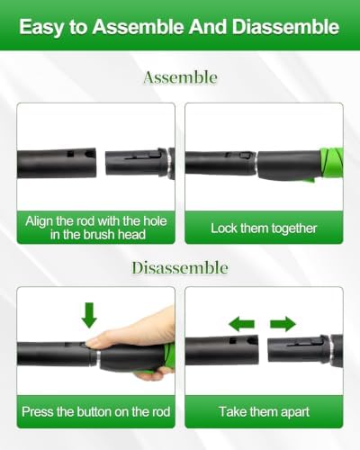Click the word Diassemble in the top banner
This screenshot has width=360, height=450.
tap(285, 27)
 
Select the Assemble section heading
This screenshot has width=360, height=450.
tap(180, 77)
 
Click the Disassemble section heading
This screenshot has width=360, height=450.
tap(180, 267)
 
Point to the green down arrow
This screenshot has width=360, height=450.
tap(89, 315)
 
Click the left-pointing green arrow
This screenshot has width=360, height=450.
tap(241, 324)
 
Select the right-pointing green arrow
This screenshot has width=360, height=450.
tap(283, 324)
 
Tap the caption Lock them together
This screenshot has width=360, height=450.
tap(264, 229)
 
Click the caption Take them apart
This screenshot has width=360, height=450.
tap(264, 411)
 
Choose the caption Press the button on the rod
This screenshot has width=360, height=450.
tap(96, 411)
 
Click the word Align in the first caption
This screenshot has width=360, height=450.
tap(40, 221)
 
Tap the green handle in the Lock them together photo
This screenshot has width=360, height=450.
tap(331, 164)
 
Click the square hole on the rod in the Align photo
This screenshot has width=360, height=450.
tap(70, 154)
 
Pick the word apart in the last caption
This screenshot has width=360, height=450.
tap(294, 412)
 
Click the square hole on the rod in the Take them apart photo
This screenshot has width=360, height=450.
tap(232, 340)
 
